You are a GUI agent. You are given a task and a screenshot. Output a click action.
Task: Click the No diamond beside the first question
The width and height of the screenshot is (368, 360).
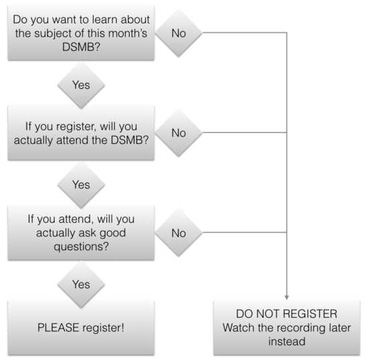click(x=179, y=33)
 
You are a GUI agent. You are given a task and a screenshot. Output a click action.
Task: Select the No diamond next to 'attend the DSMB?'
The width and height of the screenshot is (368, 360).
click(x=179, y=132)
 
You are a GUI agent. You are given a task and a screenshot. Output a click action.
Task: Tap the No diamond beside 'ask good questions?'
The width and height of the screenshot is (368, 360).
click(x=179, y=233)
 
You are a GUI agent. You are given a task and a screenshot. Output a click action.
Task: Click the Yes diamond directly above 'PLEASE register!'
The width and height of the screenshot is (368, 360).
click(x=81, y=284)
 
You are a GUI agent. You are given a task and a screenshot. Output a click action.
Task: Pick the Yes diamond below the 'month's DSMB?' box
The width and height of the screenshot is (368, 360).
click(x=81, y=85)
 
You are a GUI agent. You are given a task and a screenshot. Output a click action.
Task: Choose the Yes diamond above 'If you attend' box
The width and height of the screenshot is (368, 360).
click(x=81, y=185)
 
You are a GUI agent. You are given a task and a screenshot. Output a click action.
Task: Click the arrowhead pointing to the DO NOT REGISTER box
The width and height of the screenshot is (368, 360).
click(x=286, y=298)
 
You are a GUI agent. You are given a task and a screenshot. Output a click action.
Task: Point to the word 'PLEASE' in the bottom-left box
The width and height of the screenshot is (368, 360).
click(x=59, y=328)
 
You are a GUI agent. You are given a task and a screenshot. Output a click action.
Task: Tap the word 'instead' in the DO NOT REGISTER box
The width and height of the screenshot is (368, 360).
click(x=287, y=341)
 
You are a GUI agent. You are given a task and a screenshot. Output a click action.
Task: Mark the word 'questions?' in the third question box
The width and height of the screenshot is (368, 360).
click(x=81, y=247)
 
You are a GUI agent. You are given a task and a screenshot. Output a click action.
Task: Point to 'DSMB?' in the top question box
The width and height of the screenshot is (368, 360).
click(x=81, y=47)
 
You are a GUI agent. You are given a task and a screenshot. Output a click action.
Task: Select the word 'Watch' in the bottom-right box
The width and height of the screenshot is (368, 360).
click(x=238, y=328)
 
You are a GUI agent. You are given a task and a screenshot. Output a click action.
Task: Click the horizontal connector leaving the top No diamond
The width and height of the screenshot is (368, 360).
click(x=244, y=33)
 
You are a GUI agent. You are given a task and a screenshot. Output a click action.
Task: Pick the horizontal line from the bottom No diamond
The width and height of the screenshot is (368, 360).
click(x=244, y=232)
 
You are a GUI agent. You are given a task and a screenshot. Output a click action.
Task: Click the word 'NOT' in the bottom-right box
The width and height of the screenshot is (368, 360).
click(x=268, y=314)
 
